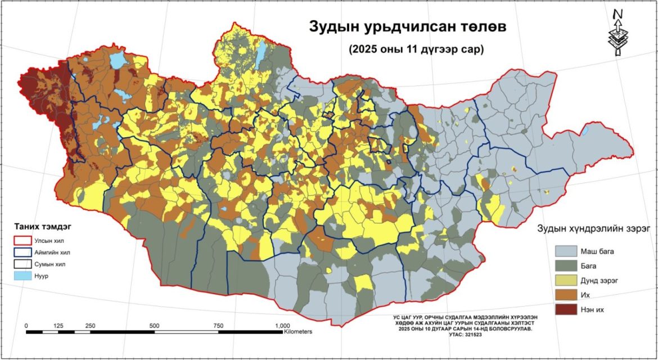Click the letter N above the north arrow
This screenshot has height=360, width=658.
[618, 13]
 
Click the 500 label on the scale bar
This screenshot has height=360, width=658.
[154, 326]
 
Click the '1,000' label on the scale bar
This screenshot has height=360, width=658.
[282, 326]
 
